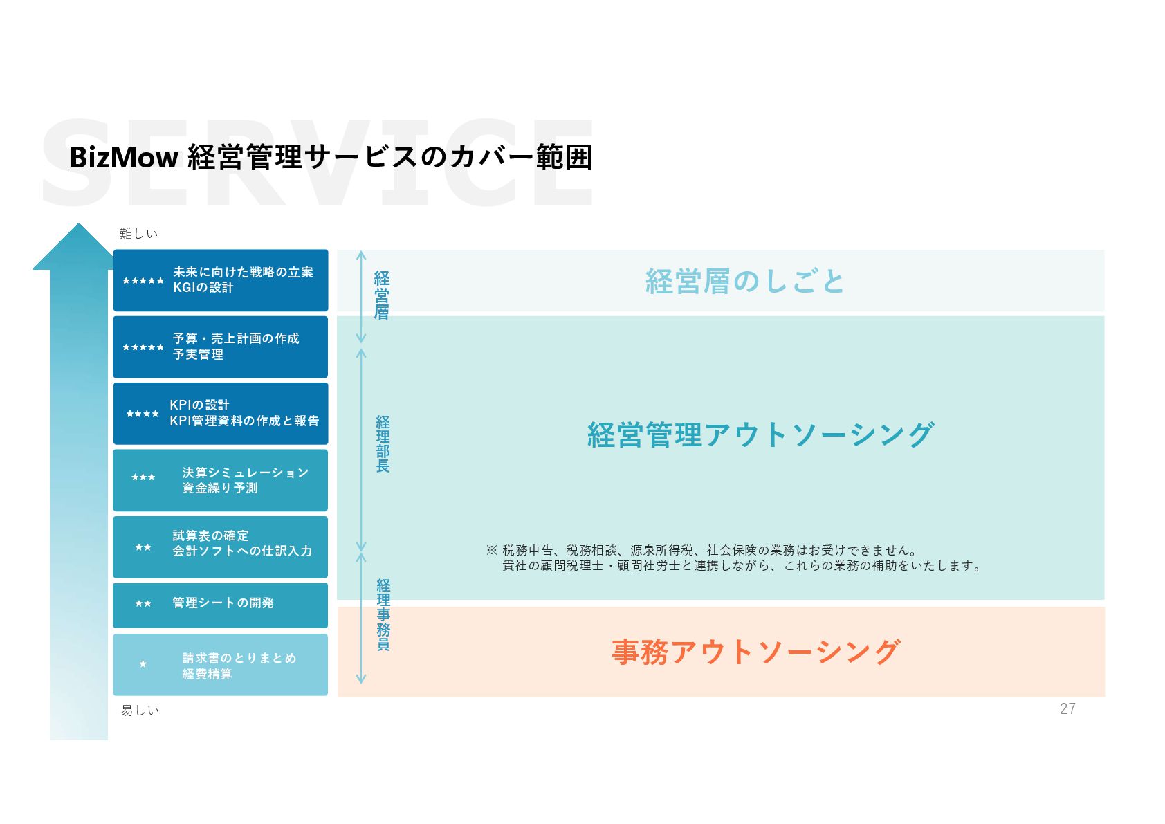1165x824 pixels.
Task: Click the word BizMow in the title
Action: click(124, 158)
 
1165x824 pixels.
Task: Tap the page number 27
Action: click(1067, 708)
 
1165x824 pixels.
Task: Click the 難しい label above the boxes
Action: click(138, 234)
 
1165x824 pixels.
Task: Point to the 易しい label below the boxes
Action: click(140, 711)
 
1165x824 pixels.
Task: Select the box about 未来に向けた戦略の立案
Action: click(220, 280)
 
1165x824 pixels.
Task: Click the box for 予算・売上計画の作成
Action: click(220, 347)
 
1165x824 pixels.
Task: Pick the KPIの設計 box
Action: click(220, 413)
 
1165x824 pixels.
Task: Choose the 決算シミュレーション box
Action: click(220, 480)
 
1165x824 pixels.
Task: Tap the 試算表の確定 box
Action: click(220, 547)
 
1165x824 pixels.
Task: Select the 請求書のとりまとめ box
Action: click(220, 665)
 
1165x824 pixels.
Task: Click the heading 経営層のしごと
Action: click(744, 282)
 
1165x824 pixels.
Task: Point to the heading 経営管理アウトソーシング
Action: click(760, 435)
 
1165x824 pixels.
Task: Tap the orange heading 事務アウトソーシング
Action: click(755, 652)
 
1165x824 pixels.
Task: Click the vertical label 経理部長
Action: click(383, 444)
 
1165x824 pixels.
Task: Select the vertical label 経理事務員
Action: click(383, 615)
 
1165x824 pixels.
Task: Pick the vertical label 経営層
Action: click(382, 295)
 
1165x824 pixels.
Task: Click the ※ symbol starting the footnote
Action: click(491, 550)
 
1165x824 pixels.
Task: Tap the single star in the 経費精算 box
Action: click(143, 664)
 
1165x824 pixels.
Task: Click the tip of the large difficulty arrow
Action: click(78, 226)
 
